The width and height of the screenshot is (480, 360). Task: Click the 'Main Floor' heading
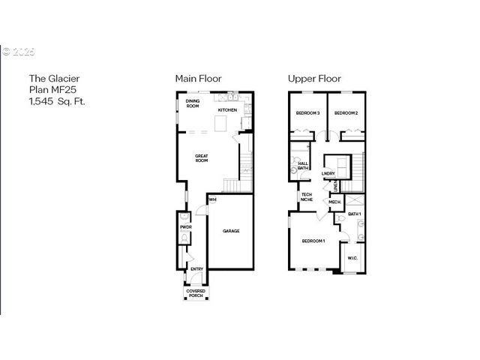point(198,78)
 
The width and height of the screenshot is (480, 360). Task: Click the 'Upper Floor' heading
point(315,78)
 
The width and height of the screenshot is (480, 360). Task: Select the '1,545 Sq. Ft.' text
point(57,101)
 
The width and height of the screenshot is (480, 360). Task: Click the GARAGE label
point(231,231)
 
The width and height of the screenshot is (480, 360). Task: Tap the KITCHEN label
point(227,110)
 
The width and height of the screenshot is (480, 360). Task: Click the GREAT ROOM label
point(201,157)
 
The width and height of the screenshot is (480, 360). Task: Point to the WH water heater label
point(213,199)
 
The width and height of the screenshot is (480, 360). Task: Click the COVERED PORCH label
point(196,292)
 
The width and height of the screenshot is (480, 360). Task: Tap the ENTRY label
point(196,268)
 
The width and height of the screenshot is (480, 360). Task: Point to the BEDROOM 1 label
point(313,241)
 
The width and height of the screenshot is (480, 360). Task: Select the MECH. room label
point(334,202)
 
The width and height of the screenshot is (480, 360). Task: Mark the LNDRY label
point(328,174)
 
